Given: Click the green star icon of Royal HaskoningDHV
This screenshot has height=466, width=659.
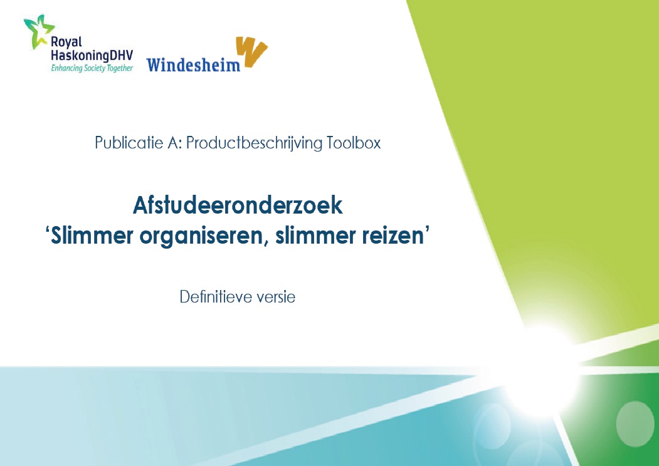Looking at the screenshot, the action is (38, 31).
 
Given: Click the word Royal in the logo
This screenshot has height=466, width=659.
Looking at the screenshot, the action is (66, 43).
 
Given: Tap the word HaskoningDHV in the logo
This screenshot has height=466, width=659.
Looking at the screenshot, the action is (92, 55).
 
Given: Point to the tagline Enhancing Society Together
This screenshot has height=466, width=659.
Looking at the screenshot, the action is (92, 68).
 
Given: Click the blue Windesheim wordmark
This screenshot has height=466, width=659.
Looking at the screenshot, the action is (193, 65).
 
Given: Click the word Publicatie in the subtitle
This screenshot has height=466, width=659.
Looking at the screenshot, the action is (129, 143).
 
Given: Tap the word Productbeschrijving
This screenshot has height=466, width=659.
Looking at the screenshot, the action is (254, 143).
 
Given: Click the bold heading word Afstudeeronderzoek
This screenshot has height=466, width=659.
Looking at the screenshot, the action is (238, 205).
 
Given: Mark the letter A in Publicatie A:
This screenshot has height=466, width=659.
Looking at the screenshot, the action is (172, 143).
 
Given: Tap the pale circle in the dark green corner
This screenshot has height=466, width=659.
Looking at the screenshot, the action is (635, 423).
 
